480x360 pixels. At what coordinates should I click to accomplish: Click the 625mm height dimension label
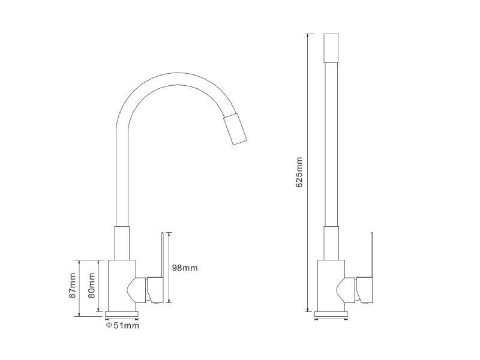299,172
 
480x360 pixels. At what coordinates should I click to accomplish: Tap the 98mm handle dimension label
185,268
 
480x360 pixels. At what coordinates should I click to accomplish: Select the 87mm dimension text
72,286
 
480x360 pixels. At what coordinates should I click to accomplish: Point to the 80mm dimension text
91,286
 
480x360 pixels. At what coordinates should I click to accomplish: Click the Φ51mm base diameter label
122,325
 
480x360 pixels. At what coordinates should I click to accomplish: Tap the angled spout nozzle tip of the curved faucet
235,129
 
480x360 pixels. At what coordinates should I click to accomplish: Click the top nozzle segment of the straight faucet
331,48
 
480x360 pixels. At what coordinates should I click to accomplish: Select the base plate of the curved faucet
122,314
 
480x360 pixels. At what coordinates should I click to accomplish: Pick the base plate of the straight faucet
331,314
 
